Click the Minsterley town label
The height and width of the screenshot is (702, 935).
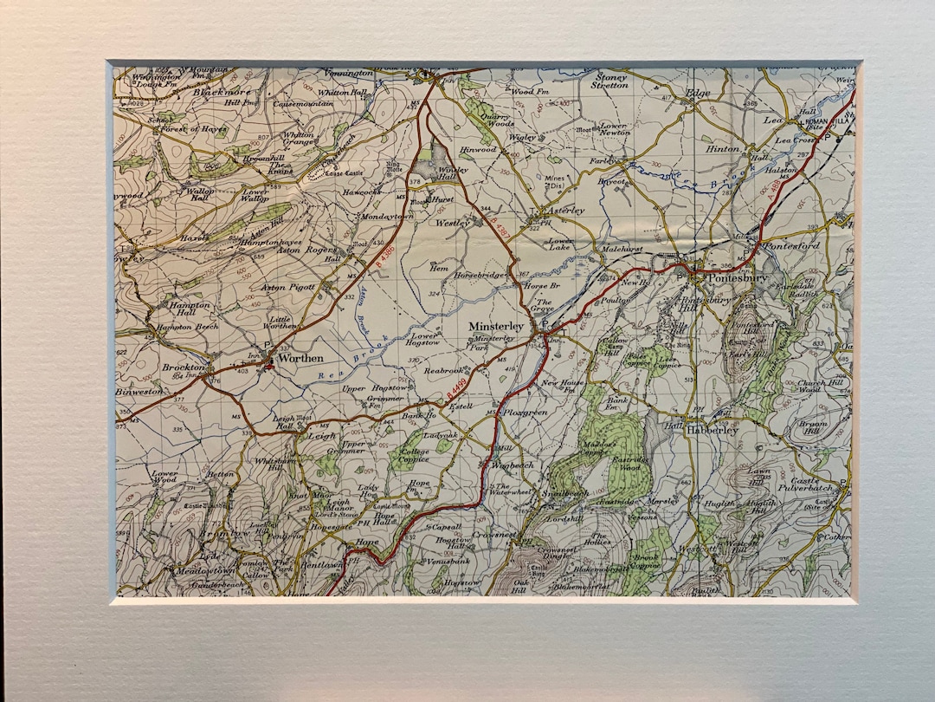point(496,326)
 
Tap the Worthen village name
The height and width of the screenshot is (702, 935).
point(300,358)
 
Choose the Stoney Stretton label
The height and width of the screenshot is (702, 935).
point(609,81)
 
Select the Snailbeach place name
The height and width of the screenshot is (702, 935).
point(564,493)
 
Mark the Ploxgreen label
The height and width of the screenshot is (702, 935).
point(526,413)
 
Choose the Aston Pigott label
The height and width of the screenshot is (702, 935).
point(289,287)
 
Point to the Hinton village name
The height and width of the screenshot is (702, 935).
point(724,148)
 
